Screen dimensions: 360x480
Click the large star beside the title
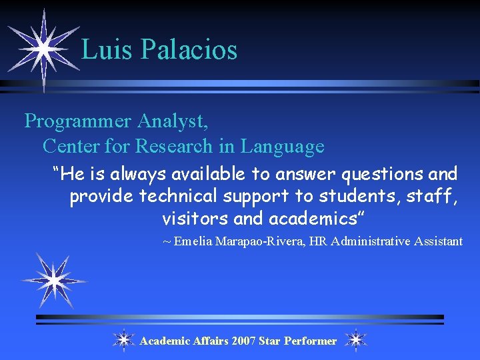[42, 48]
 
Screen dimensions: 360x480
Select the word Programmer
[77, 121]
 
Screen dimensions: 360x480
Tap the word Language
[282, 145]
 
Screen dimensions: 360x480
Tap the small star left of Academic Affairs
[123, 340]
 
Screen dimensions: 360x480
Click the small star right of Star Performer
[356, 340]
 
